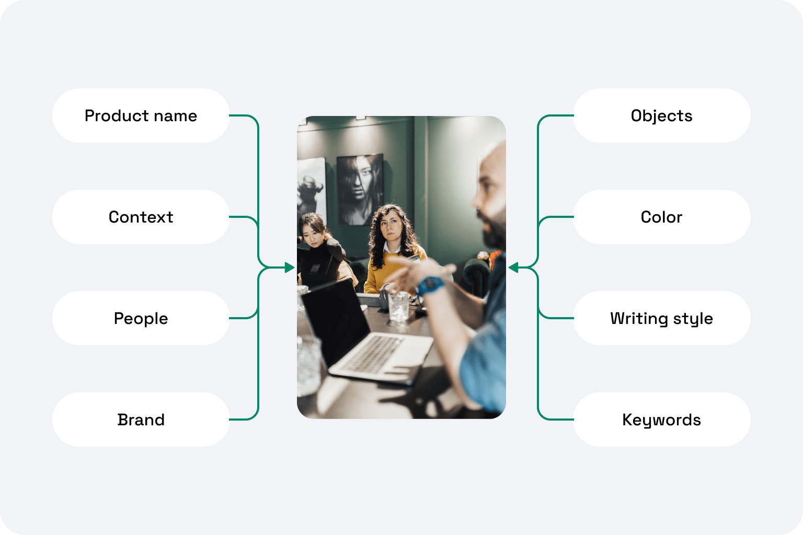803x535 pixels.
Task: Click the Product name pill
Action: click(141, 115)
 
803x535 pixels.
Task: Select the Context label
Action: click(141, 217)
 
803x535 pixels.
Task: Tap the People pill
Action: click(141, 318)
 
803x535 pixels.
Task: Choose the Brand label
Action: click(141, 420)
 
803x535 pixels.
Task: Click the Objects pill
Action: click(662, 115)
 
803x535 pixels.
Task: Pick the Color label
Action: click(662, 217)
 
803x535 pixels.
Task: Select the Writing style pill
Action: click(662, 318)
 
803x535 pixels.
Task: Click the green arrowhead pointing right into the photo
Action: click(290, 267)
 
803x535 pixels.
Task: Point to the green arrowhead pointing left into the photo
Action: click(513, 267)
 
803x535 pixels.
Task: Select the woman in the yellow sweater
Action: click(393, 249)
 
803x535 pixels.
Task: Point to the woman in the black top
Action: click(320, 251)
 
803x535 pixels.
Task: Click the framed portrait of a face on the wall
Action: click(360, 190)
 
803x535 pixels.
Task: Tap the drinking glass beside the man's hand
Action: click(399, 306)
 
